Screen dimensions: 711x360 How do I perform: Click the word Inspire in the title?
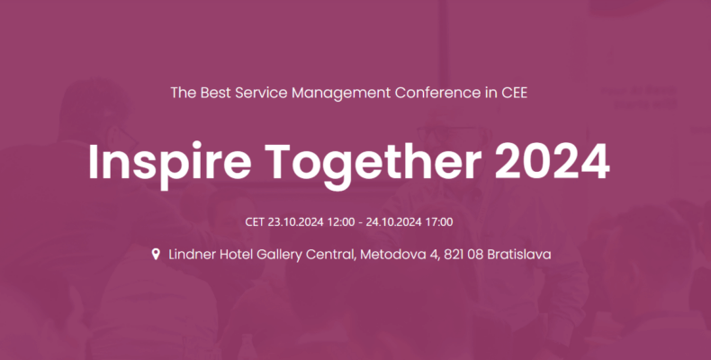[x=169, y=163]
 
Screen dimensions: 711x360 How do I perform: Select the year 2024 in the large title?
[x=553, y=162]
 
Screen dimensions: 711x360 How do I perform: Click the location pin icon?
[x=156, y=255]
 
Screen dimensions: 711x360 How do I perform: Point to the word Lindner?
[x=193, y=255]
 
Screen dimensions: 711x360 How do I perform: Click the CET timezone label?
[x=255, y=222]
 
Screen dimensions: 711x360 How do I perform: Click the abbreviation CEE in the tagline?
[x=514, y=93]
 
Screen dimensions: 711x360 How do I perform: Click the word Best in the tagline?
[x=215, y=93]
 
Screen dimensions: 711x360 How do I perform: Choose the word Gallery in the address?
[x=279, y=255]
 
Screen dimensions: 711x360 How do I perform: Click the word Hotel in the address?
[x=236, y=255]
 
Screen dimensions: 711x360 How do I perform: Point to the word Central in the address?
[x=330, y=255]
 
